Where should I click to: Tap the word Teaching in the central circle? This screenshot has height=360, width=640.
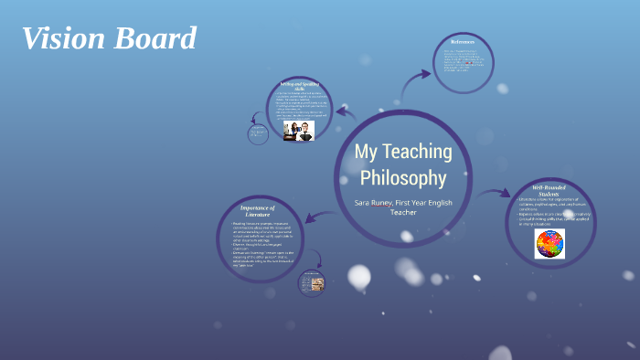[x=416, y=151]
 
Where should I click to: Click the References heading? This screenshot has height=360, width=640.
[x=463, y=41]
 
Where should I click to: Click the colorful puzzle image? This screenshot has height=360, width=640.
[x=549, y=242]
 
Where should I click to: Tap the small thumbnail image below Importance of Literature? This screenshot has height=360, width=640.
[x=312, y=284]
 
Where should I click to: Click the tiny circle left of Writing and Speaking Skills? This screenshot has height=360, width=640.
[x=258, y=133]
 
